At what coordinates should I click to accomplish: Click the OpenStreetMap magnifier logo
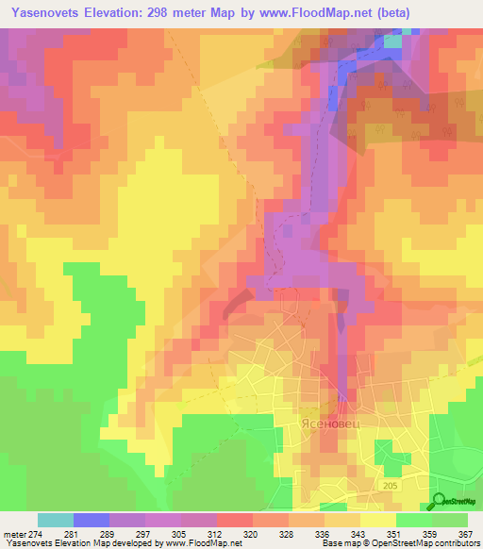tap(440, 502)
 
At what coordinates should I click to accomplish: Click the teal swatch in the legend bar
tap(56, 520)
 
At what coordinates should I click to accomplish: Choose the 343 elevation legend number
tap(351, 534)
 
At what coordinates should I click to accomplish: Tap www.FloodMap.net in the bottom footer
tap(201, 543)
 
